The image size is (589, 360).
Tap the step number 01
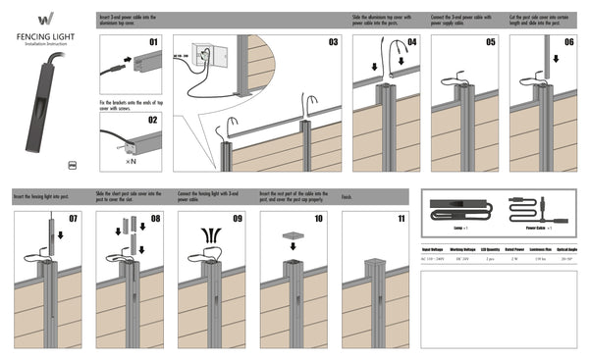tap(153, 42)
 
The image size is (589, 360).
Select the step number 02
tap(153, 120)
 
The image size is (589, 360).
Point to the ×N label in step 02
tap(130, 160)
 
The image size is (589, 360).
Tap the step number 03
tap(333, 42)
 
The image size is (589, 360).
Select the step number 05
tap(490, 42)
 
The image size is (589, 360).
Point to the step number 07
tap(73, 218)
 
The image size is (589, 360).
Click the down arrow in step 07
tap(60, 234)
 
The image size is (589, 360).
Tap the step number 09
tap(237, 218)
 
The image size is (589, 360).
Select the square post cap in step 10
tap(292, 237)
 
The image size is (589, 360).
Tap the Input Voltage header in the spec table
tap(433, 249)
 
